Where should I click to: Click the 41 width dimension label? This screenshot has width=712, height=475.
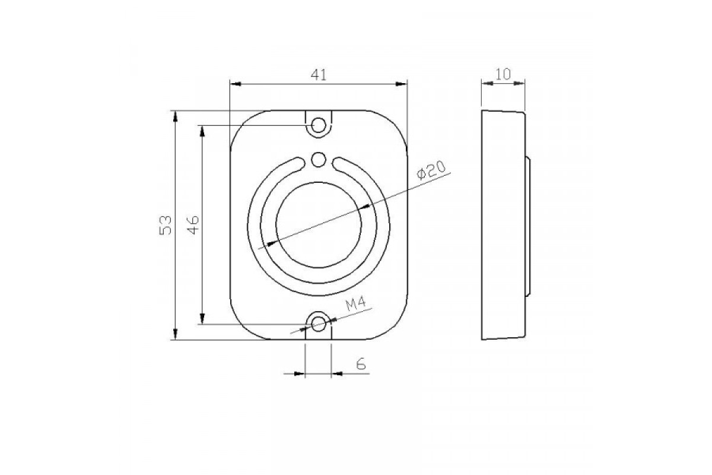pyautogui.click(x=319, y=75)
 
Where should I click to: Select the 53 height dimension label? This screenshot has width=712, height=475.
pyautogui.click(x=166, y=225)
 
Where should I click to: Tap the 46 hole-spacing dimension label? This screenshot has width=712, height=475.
pyautogui.click(x=193, y=225)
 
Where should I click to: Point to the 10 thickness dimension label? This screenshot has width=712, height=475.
pyautogui.click(x=503, y=74)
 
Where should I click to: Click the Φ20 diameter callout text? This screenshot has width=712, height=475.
pyautogui.click(x=432, y=170)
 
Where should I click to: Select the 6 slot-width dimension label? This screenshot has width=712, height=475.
pyautogui.click(x=361, y=363)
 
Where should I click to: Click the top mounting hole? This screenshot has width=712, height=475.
pyautogui.click(x=319, y=125)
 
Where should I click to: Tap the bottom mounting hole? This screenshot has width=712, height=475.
pyautogui.click(x=319, y=324)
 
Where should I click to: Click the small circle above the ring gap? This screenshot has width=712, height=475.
pyautogui.click(x=319, y=160)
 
